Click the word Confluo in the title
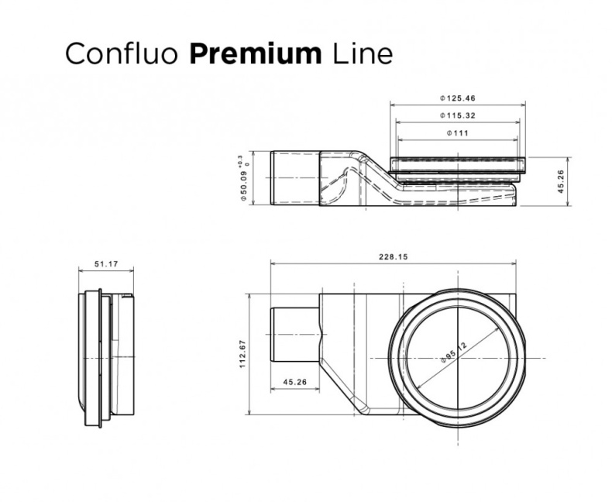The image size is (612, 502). coord(122,53)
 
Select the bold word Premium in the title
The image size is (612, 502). coord(255,53)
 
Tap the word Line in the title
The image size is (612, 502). coord(360,53)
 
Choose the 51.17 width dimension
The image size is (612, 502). coord(106,264)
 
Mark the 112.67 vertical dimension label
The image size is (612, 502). coord(242,354)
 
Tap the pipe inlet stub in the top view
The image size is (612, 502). coord(294,335)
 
